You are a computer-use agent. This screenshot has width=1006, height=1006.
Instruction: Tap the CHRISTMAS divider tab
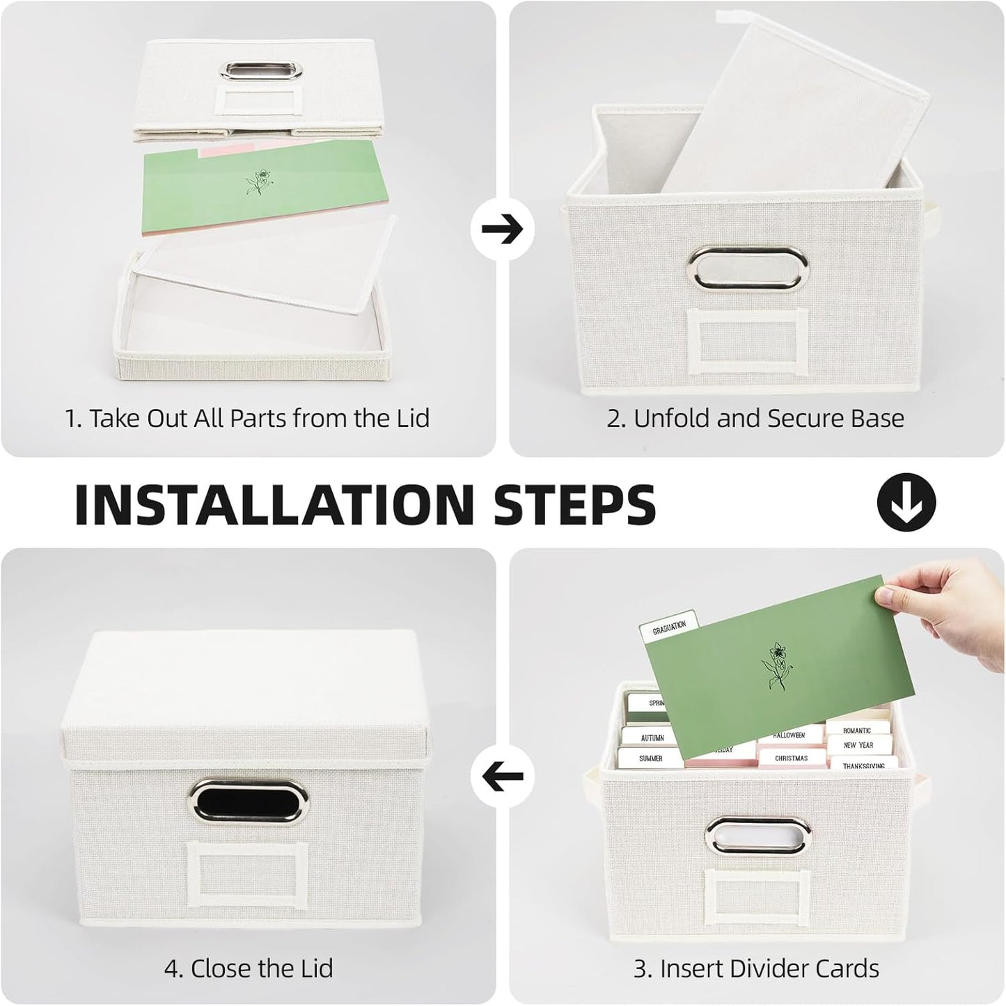click(791, 758)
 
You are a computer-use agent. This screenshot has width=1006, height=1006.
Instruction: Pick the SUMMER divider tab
click(650, 758)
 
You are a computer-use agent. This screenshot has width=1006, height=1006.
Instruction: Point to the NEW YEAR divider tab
click(858, 745)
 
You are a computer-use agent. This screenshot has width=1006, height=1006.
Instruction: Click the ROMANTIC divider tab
click(857, 730)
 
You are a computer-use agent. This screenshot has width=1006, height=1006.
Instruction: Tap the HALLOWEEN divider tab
click(789, 735)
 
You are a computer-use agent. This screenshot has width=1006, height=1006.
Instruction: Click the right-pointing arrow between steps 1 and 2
click(502, 228)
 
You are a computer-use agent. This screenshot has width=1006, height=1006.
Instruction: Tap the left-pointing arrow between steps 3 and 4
click(502, 776)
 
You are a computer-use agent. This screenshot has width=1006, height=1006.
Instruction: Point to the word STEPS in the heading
click(574, 504)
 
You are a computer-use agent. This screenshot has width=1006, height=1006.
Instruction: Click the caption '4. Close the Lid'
click(249, 968)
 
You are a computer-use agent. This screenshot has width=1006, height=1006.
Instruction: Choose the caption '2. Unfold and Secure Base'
click(755, 418)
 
